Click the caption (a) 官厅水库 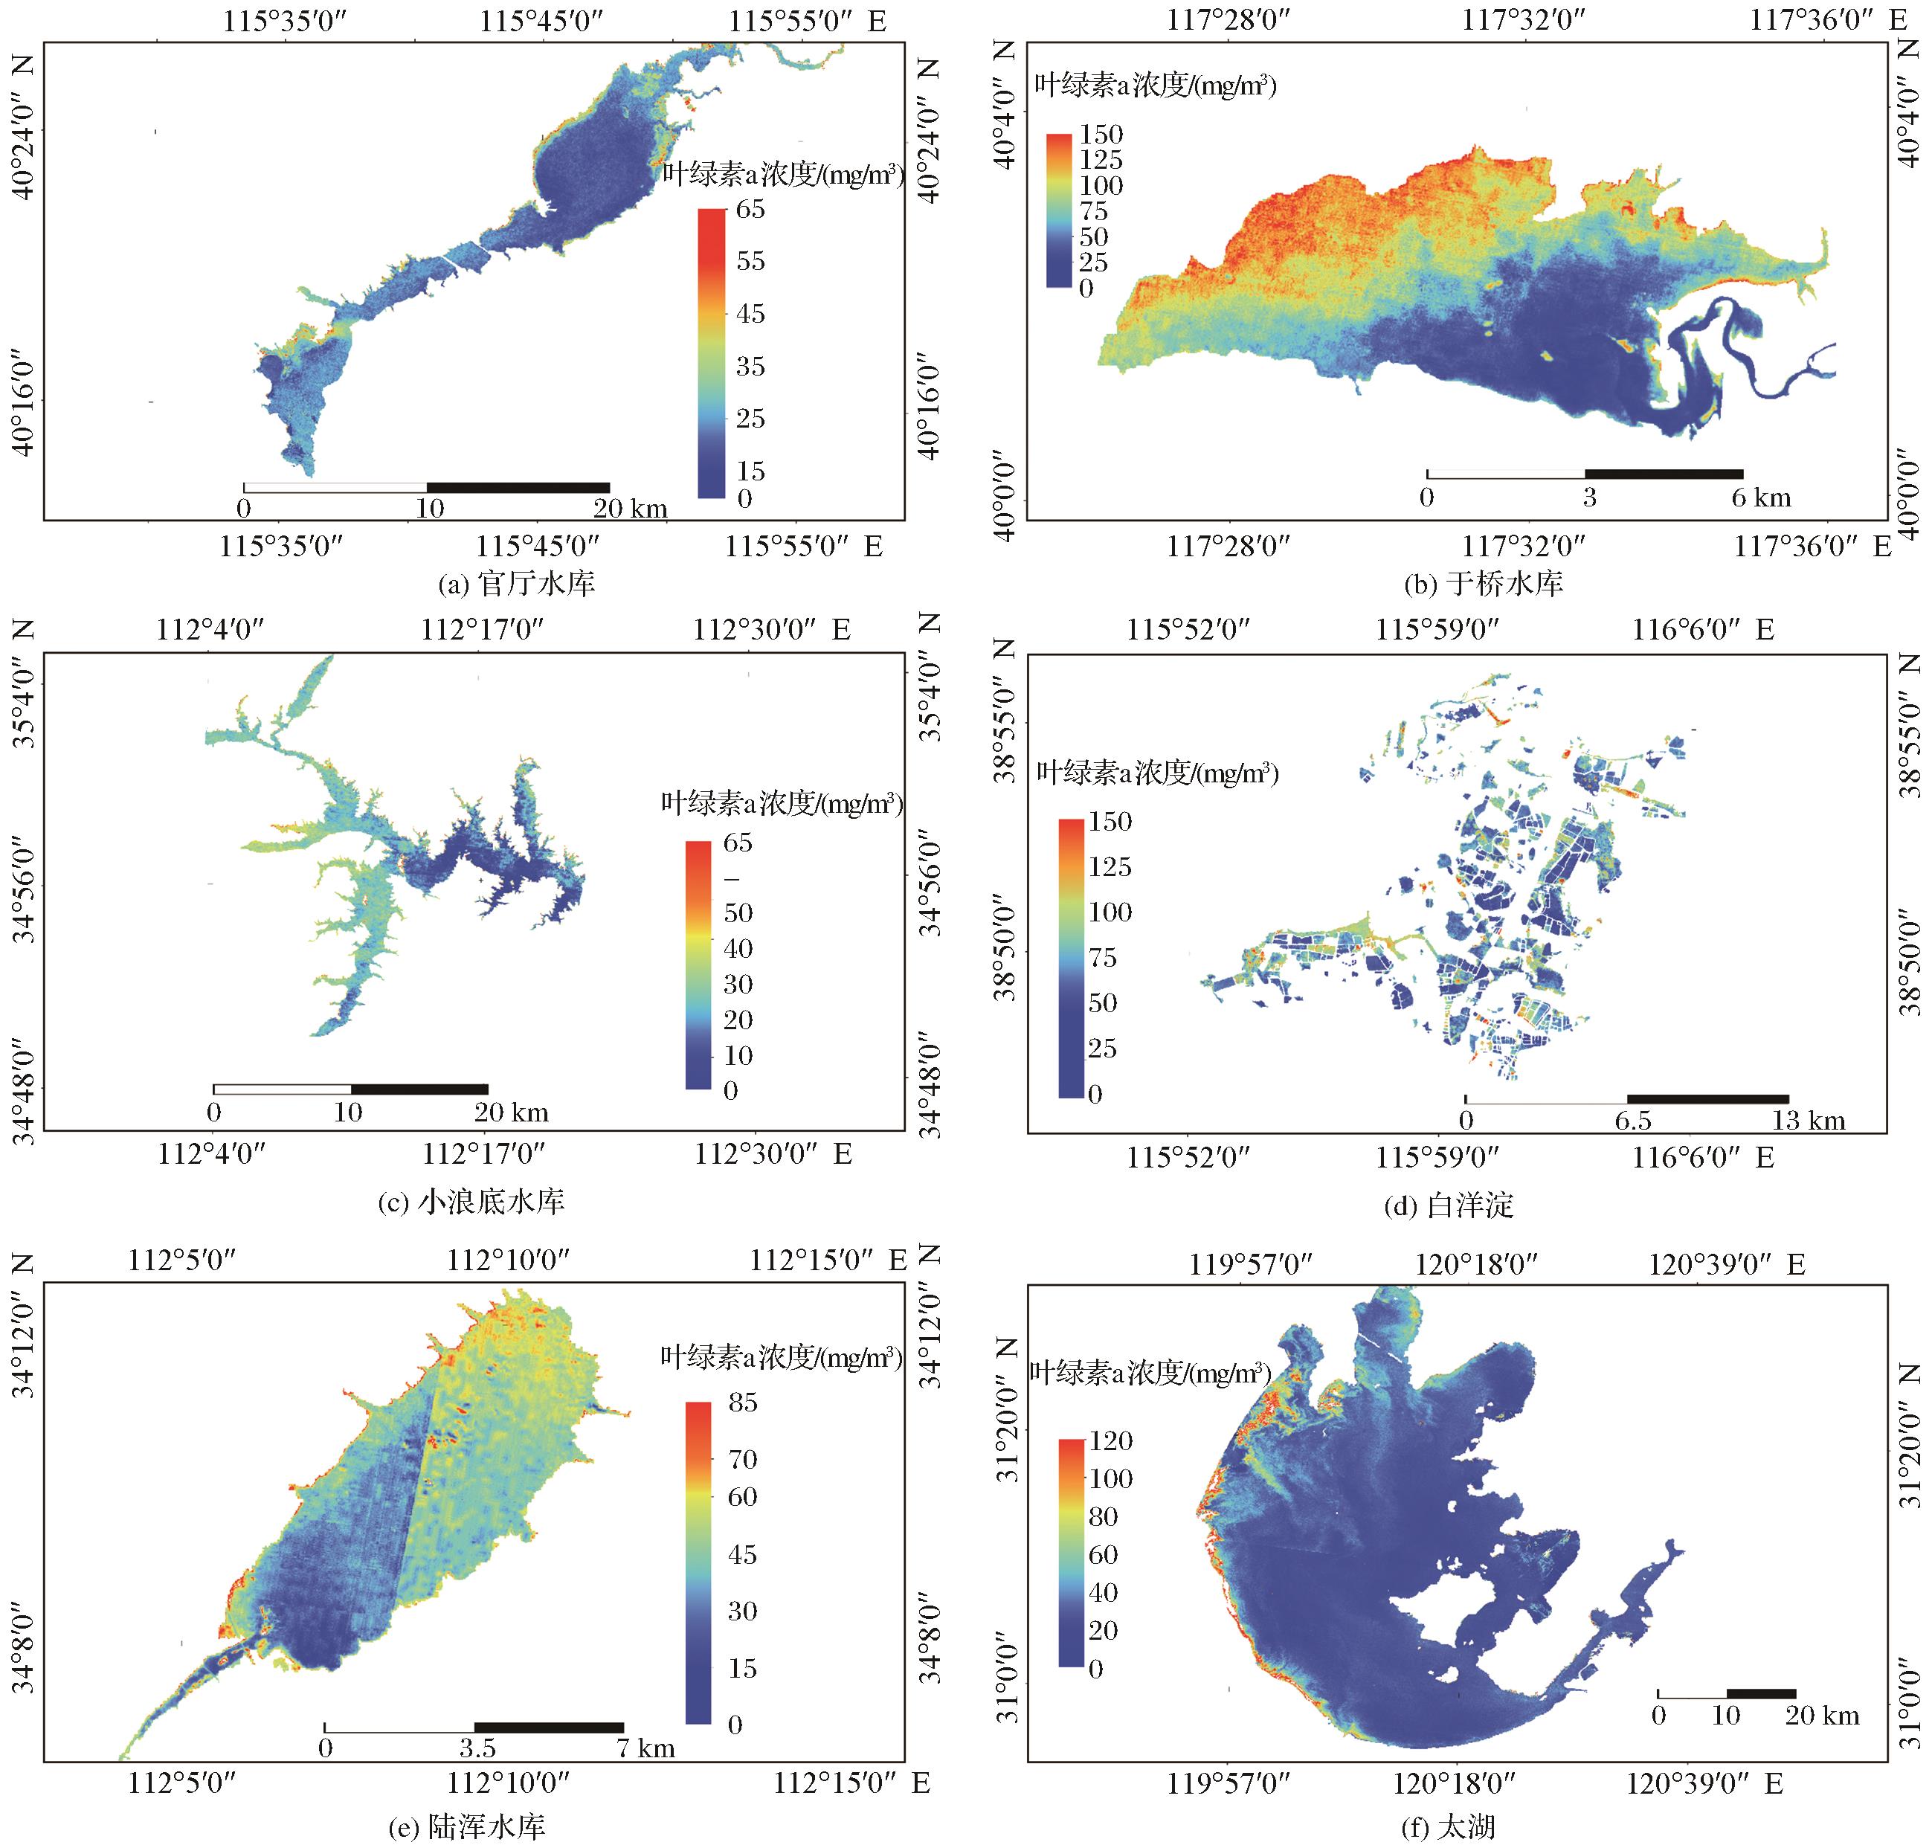coord(516,583)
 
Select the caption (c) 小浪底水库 coord(471,1201)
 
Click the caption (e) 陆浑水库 coord(466,1826)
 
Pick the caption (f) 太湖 coord(1447,1826)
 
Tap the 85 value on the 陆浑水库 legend coord(741,1403)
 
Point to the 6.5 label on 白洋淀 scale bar coord(1633,1120)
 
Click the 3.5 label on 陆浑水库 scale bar coord(477,1748)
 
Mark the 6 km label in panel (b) coord(1762,498)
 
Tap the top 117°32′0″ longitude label coord(1523,19)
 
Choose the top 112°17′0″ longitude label coord(482,628)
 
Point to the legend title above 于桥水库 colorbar coord(1155,86)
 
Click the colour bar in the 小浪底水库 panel coord(698,965)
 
